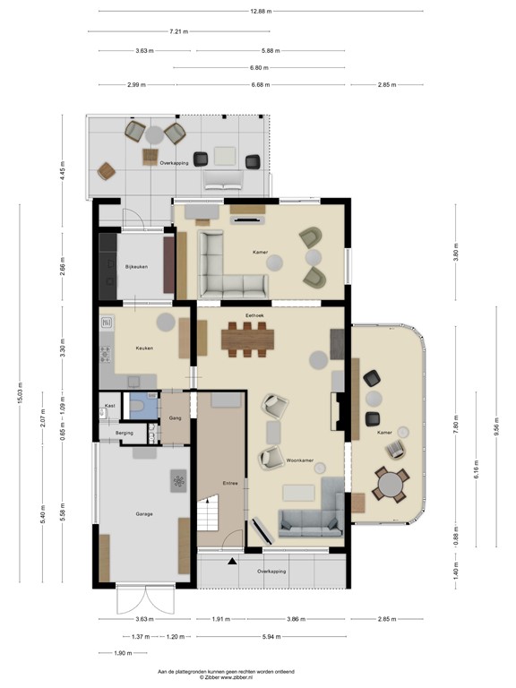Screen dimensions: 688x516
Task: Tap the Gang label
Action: (x=175, y=417)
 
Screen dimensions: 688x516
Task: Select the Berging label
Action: (x=125, y=433)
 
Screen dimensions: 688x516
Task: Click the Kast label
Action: (x=109, y=406)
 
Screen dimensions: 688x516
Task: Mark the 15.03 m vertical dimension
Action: (x=21, y=395)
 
